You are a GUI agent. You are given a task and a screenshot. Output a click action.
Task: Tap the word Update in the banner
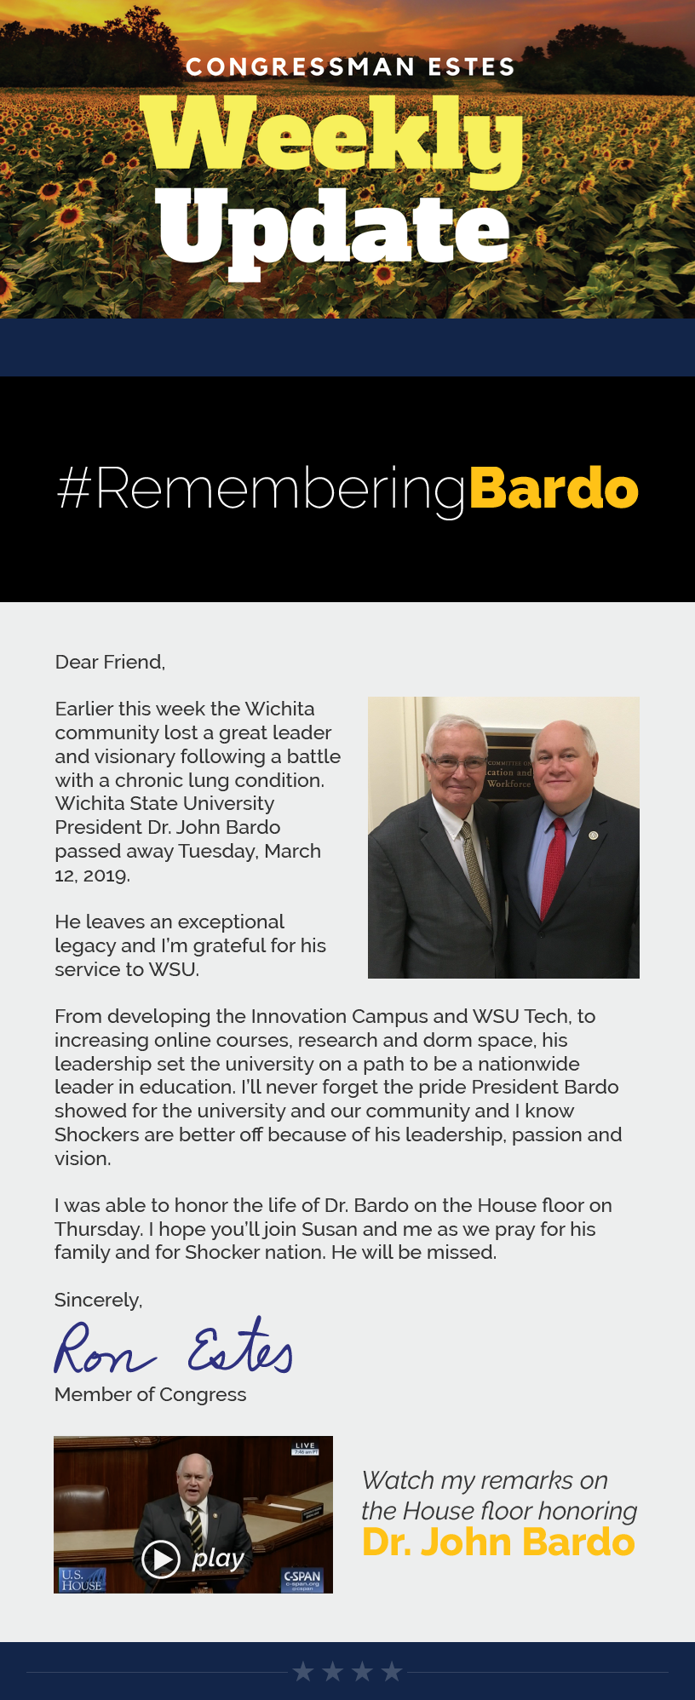pos(334,228)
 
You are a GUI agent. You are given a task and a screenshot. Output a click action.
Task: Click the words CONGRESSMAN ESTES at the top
pos(350,67)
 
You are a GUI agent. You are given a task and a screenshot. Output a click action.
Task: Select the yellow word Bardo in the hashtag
pos(553,488)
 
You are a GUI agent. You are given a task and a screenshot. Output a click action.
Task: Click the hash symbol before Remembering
pos(74,488)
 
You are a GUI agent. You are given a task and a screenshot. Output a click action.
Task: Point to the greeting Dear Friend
pos(110,662)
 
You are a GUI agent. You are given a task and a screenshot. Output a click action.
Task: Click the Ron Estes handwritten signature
pos(174,1348)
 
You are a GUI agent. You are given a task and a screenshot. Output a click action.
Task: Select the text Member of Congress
pos(150,1394)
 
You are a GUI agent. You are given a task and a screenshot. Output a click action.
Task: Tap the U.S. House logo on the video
pos(81,1580)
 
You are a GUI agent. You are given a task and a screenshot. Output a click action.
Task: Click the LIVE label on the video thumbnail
pos(305,1446)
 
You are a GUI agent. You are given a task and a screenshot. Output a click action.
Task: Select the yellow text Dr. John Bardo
pos(498,1542)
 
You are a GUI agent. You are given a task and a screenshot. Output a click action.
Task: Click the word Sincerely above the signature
pos(98,1300)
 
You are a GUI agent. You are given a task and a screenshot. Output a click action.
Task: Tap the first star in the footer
pos(303,1672)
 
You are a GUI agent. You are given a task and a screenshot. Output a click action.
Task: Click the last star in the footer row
pos(392,1672)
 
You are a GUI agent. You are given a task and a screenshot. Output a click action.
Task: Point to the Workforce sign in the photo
pos(508,784)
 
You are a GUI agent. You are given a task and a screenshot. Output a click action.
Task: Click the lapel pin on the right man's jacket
pos(593,835)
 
